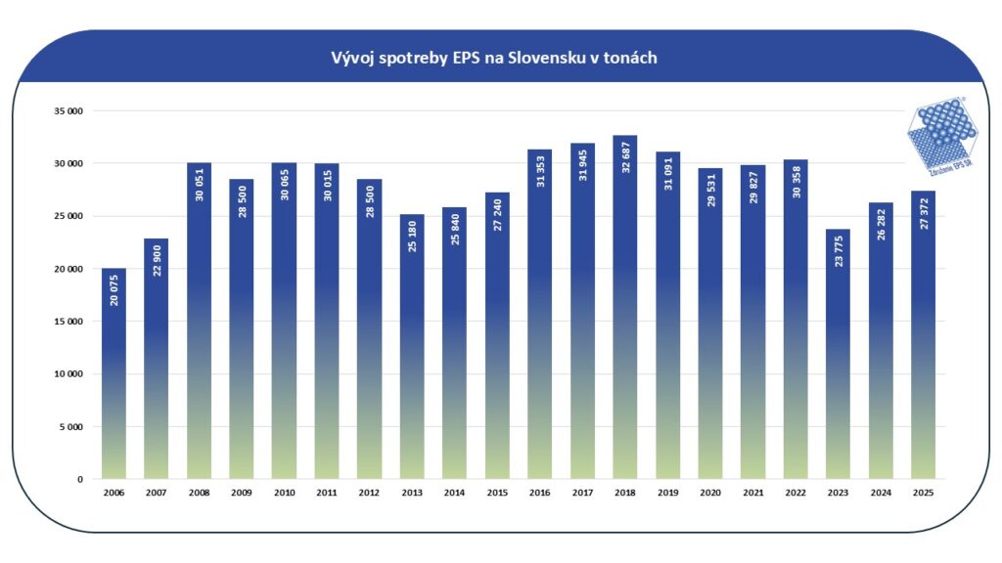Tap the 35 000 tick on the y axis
tap(68, 111)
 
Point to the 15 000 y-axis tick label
tap(68, 322)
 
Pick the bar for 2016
tap(539, 314)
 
